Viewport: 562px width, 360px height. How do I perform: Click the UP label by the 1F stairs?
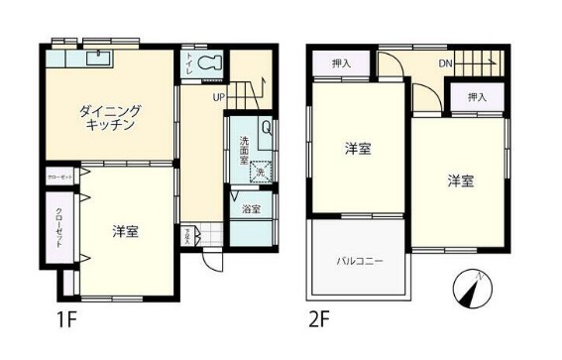(x=218, y=97)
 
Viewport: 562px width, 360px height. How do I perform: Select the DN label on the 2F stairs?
(x=446, y=65)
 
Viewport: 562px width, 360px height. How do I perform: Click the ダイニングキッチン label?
(x=110, y=118)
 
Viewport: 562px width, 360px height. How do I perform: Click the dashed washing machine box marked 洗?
(x=260, y=171)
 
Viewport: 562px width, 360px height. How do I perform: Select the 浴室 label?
(x=252, y=209)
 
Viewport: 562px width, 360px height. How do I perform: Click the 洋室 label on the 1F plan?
(x=125, y=232)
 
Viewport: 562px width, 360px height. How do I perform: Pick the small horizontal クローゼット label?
(x=59, y=177)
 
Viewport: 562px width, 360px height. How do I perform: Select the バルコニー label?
(x=358, y=261)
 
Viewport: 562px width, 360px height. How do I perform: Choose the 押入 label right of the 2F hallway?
(x=477, y=97)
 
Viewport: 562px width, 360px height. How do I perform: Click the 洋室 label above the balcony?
(x=358, y=149)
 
